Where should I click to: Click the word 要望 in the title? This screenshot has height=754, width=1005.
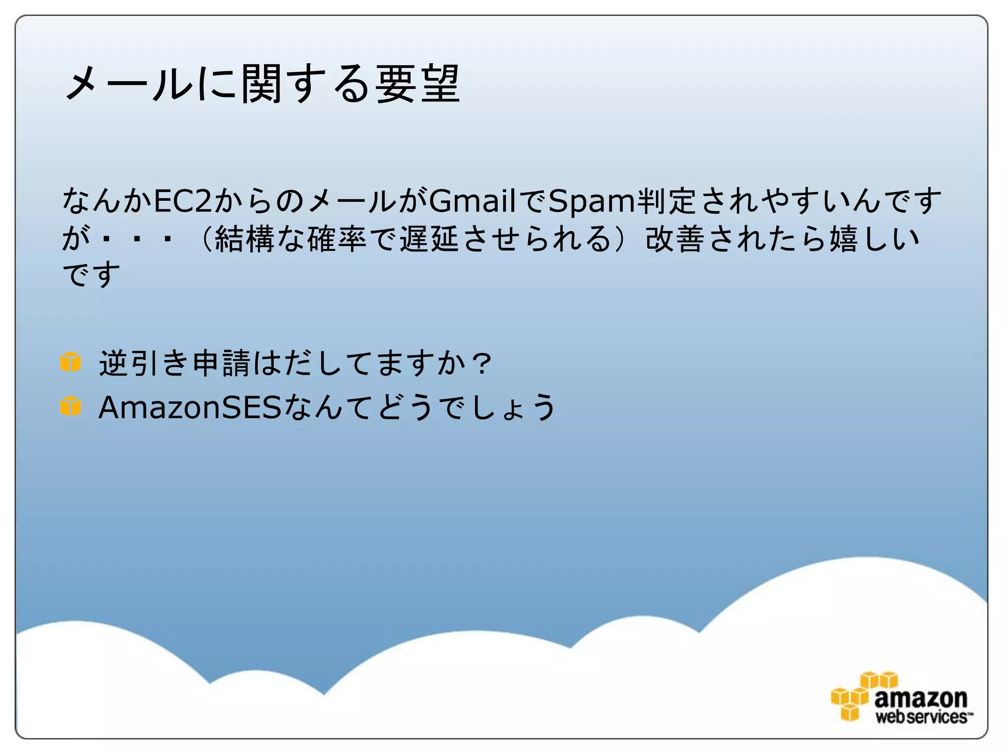point(418,84)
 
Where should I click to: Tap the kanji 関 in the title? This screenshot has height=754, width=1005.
point(262,84)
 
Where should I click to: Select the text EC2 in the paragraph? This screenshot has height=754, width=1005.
point(183,201)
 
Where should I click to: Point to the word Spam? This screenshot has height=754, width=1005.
point(591,201)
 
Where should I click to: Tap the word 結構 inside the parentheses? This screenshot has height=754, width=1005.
point(244,239)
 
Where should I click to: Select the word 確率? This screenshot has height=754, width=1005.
point(337,239)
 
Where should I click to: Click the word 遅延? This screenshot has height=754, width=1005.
point(429,239)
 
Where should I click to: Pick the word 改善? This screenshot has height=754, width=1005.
point(674,239)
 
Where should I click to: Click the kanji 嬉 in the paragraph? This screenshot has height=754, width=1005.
point(843,239)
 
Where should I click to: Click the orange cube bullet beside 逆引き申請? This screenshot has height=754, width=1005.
point(71,362)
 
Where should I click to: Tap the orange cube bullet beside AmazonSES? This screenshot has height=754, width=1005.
point(71,406)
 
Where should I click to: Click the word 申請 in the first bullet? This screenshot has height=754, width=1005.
point(221,363)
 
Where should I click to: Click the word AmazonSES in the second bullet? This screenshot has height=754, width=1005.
point(190,407)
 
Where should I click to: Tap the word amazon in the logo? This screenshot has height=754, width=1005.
point(921,698)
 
